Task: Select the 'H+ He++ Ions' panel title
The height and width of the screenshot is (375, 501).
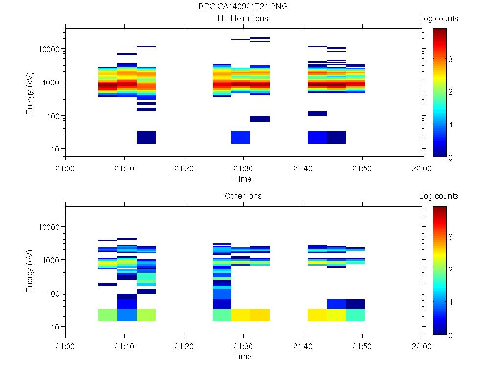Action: point(243,19)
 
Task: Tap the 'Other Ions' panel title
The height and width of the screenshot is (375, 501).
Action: point(243,196)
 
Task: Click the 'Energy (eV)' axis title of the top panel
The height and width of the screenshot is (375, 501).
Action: point(30,93)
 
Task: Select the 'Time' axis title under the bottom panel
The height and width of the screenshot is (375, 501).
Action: point(243,356)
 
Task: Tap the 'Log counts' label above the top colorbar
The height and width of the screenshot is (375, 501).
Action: point(438,19)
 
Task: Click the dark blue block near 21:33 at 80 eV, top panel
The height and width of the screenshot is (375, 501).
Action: point(260,119)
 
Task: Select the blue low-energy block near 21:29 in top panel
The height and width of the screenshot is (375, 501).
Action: point(241,137)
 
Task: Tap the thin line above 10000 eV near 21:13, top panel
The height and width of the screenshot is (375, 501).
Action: point(146,47)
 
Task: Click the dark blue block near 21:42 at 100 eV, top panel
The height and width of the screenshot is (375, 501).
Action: point(317,113)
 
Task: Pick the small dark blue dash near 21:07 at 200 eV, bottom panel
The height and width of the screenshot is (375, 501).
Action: point(108,284)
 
